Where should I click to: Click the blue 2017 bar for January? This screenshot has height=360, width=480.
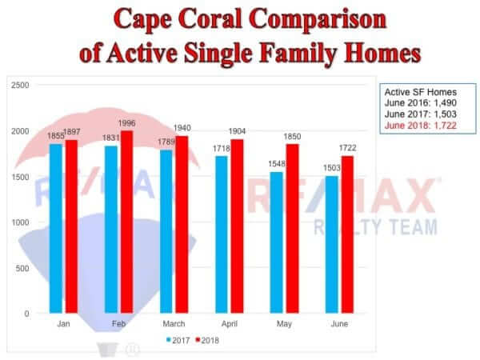click(56, 228)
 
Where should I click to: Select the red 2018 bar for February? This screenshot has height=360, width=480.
click(126, 222)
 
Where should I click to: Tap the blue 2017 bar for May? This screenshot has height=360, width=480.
click(277, 242)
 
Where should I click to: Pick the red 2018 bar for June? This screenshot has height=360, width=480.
click(347, 234)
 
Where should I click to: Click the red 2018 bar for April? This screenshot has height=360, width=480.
click(238, 226)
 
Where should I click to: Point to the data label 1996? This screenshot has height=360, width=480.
click(126, 123)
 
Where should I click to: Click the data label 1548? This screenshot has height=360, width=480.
click(277, 164)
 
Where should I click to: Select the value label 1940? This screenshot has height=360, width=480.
click(182, 128)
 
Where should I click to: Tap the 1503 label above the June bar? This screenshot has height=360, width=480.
click(332, 168)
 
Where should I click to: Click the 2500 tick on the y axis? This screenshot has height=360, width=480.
click(20, 85)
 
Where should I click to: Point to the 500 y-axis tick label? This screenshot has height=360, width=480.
click(22, 269)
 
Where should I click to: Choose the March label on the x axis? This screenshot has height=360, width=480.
click(174, 324)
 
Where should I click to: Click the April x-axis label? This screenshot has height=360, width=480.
click(230, 324)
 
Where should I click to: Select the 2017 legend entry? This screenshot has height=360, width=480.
click(178, 341)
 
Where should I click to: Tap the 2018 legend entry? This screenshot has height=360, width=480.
click(207, 341)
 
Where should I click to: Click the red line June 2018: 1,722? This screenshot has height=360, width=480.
click(421, 126)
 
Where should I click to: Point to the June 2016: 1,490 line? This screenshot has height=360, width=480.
click(421, 103)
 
